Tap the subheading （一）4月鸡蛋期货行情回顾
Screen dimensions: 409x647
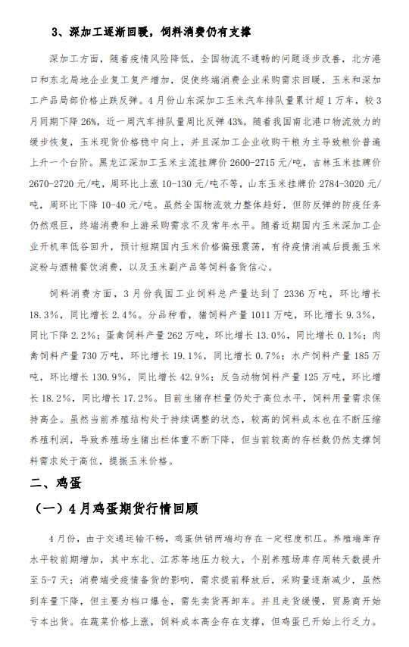point(125,508)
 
